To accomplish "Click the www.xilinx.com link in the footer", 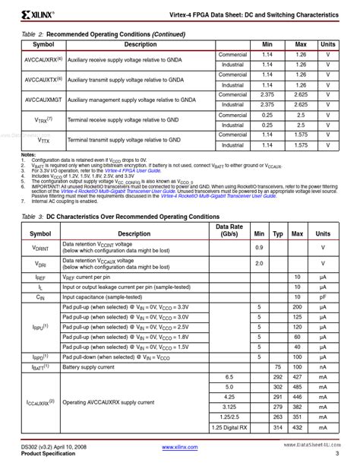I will [179, 449].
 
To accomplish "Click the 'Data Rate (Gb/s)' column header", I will [229, 230].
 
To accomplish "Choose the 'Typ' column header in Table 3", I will [278, 234].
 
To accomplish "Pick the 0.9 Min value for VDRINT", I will [259, 248].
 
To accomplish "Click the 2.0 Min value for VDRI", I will [259, 263].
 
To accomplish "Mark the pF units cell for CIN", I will [323, 297].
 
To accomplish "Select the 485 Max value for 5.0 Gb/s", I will [298, 386].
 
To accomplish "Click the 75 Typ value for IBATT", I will [278, 366].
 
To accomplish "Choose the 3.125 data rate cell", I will [229, 406].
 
